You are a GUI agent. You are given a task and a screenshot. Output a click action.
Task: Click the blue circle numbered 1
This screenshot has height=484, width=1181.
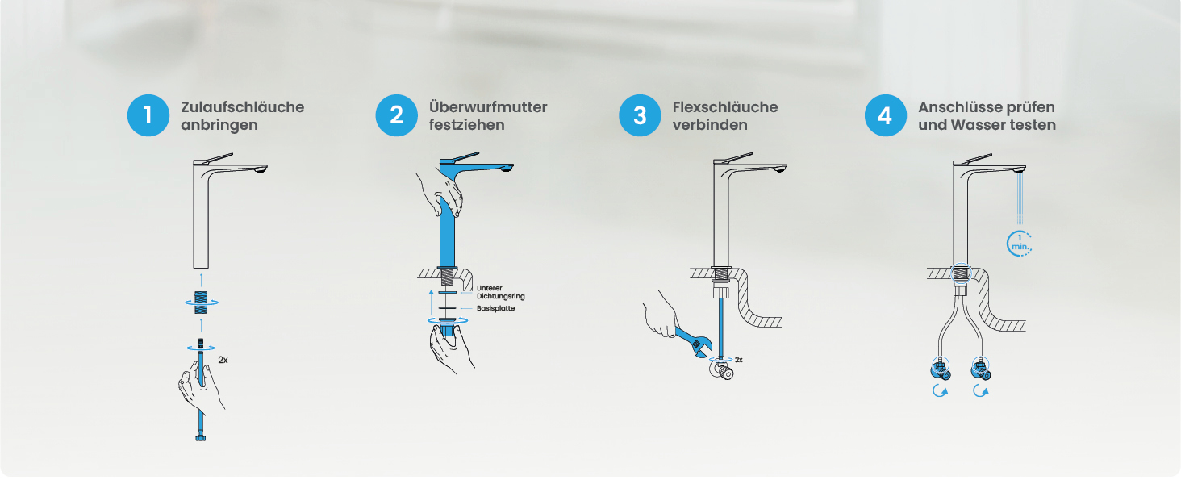point(148,115)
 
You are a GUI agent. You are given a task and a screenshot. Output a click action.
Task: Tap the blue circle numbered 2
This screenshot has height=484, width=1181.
point(396,115)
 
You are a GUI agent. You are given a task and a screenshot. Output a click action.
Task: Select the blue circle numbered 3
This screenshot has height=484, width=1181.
point(640,115)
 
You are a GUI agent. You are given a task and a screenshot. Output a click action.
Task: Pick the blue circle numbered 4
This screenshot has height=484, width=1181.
point(885,115)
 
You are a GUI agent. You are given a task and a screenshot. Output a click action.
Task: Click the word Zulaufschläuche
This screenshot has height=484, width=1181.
point(243,107)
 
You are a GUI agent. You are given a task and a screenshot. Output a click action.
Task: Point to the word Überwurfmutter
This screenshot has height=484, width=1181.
point(488,107)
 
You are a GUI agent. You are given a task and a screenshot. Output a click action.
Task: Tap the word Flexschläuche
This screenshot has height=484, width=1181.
point(725,107)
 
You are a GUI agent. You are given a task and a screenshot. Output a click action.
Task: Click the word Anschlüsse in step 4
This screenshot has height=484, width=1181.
point(957,107)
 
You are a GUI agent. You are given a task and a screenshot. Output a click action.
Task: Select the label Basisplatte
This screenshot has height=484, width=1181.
point(495,308)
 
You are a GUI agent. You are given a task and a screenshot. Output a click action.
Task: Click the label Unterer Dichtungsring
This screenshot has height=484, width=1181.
point(501,292)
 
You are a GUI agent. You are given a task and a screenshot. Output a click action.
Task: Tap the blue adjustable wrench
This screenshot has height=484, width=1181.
point(692,342)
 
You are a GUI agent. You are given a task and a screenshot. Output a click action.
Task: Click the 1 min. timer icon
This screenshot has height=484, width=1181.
point(1019,244)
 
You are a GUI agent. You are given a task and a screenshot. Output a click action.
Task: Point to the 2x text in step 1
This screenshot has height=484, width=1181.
point(223,360)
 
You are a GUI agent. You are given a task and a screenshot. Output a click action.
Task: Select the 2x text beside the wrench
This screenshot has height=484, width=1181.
point(739,360)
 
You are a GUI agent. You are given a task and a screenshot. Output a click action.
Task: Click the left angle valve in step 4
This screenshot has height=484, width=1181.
point(940,369)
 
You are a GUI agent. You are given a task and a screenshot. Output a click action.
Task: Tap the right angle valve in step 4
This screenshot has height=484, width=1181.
point(981,369)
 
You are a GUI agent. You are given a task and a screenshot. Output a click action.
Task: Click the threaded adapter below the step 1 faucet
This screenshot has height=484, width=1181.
point(201,302)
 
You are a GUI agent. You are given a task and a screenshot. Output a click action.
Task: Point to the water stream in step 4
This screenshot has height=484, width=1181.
point(1019,198)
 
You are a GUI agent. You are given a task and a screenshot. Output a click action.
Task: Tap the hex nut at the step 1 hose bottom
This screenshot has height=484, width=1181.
point(200,438)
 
